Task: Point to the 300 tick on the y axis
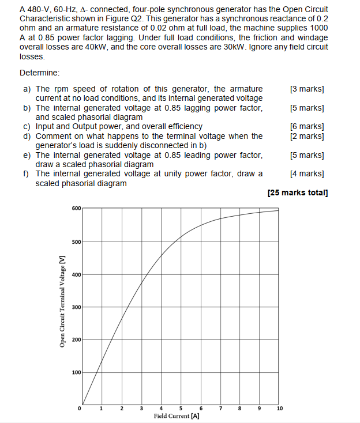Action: click(77, 307)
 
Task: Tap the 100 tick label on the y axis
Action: click(77, 373)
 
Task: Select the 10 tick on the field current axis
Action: click(280, 409)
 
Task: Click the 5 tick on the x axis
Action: click(181, 409)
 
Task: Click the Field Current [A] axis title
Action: click(177, 416)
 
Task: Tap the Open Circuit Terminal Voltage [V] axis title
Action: click(62, 303)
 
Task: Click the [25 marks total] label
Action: click(298, 192)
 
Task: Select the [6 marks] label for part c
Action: click(307, 126)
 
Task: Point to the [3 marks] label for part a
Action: click(307, 89)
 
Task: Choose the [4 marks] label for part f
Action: click(307, 173)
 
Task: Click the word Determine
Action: click(39, 73)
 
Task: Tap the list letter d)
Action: click(27, 136)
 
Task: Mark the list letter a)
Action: click(27, 89)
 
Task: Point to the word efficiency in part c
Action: click(183, 126)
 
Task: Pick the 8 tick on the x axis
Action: click(240, 409)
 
